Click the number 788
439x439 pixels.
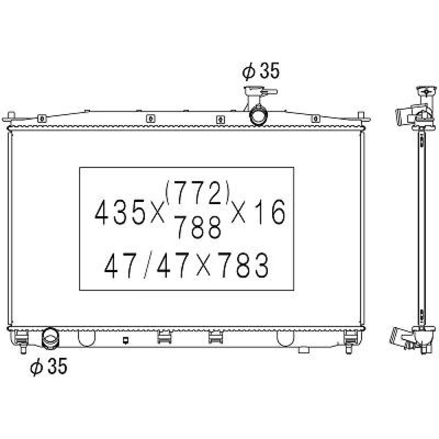197,228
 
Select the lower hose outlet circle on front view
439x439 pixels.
50,338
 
